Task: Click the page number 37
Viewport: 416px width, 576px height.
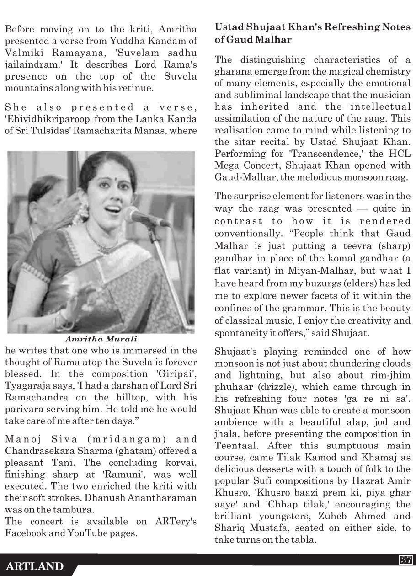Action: pos(406,560)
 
